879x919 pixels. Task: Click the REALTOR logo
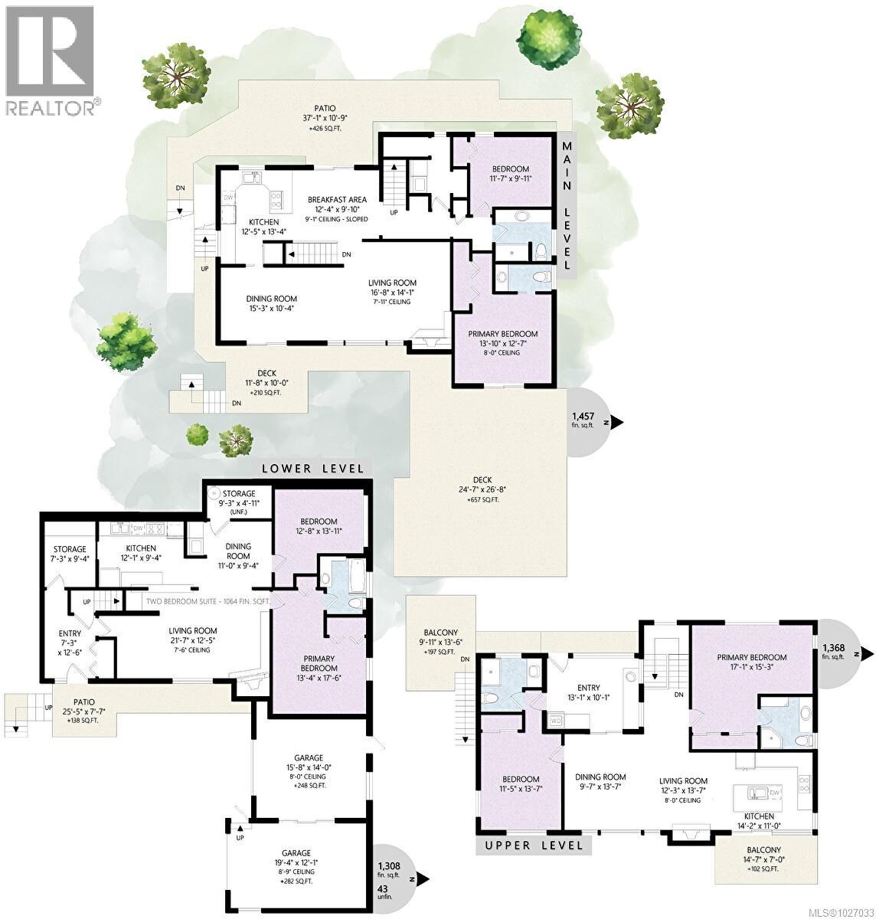(51, 61)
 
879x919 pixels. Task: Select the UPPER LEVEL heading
(533, 845)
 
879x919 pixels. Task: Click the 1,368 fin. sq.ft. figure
(833, 651)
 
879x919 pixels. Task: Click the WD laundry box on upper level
(556, 720)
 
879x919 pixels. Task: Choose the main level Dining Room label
(271, 304)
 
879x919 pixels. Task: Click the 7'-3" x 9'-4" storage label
(70, 554)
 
